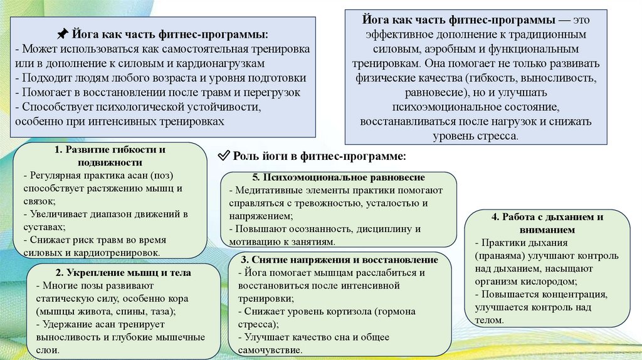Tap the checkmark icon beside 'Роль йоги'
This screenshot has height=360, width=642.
(223, 155)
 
